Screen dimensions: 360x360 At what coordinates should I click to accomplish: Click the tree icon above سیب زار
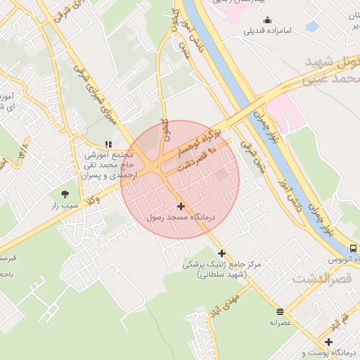click(x=65, y=193)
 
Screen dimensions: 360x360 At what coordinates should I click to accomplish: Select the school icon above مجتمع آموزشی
click(x=108, y=144)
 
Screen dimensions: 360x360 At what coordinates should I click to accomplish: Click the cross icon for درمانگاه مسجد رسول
click(x=182, y=206)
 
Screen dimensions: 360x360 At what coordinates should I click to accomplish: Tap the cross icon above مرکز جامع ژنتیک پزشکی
click(x=222, y=253)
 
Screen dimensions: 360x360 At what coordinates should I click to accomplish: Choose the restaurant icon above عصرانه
click(x=280, y=311)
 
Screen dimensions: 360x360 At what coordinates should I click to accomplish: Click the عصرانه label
click(x=280, y=323)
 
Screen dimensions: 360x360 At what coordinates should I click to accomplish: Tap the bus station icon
click(x=352, y=248)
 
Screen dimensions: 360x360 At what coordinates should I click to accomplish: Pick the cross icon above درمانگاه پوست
click(x=328, y=342)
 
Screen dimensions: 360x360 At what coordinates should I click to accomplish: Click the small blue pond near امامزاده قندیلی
click(x=311, y=27)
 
